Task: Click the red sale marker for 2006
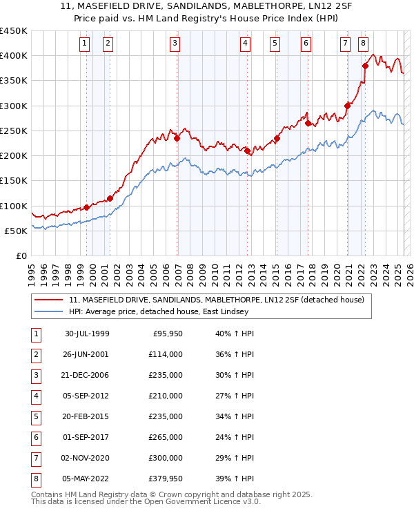point(177,138)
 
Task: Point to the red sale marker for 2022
point(366,66)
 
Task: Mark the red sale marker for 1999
point(87,207)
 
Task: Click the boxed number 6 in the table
point(34,437)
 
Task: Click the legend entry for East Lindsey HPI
point(162,311)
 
